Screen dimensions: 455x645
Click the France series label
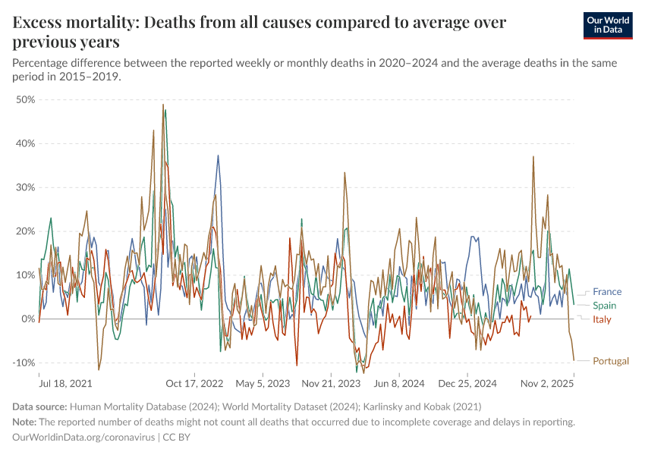(607, 292)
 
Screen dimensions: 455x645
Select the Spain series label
(605, 306)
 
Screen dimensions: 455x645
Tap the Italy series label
(602, 319)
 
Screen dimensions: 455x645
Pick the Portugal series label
(611, 361)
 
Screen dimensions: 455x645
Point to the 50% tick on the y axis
(26, 99)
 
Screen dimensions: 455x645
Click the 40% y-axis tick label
(26, 143)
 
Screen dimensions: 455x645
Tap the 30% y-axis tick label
(26, 187)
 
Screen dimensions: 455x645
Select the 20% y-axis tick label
(26, 231)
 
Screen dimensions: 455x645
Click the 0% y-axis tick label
(29, 318)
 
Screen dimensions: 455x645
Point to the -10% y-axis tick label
(24, 362)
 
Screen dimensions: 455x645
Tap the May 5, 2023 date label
(262, 383)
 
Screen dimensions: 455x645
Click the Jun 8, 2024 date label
(399, 383)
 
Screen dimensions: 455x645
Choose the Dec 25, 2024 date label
(468, 383)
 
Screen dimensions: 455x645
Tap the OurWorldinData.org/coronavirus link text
(83, 438)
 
